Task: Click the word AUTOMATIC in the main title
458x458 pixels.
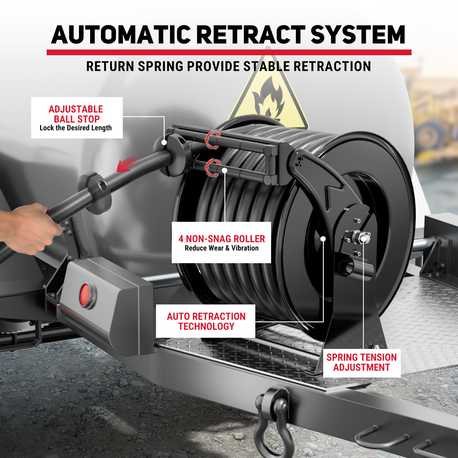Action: coord(121,35)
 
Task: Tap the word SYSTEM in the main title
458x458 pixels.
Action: coord(358,35)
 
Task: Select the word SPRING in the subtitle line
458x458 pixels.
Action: coord(161,66)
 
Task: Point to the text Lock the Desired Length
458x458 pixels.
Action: coord(76,128)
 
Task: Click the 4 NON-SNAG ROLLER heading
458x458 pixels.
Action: coord(222,239)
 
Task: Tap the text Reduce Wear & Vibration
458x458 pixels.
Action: coord(222,248)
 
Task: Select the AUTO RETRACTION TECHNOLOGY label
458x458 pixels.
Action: coord(206,321)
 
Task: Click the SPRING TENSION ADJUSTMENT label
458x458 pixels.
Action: coord(362,362)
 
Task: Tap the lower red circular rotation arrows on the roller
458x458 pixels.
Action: coord(213,168)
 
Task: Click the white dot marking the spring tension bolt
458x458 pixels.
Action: coord(363,239)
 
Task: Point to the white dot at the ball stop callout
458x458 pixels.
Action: coord(164,142)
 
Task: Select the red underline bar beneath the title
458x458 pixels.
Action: coord(229,52)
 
